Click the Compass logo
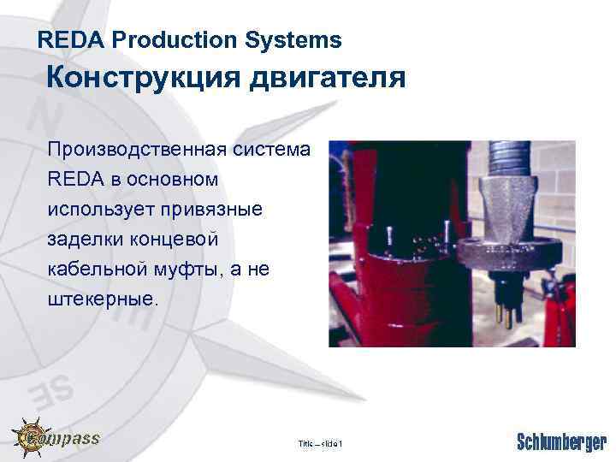pos(56,438)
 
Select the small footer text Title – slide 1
pos(319,443)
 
